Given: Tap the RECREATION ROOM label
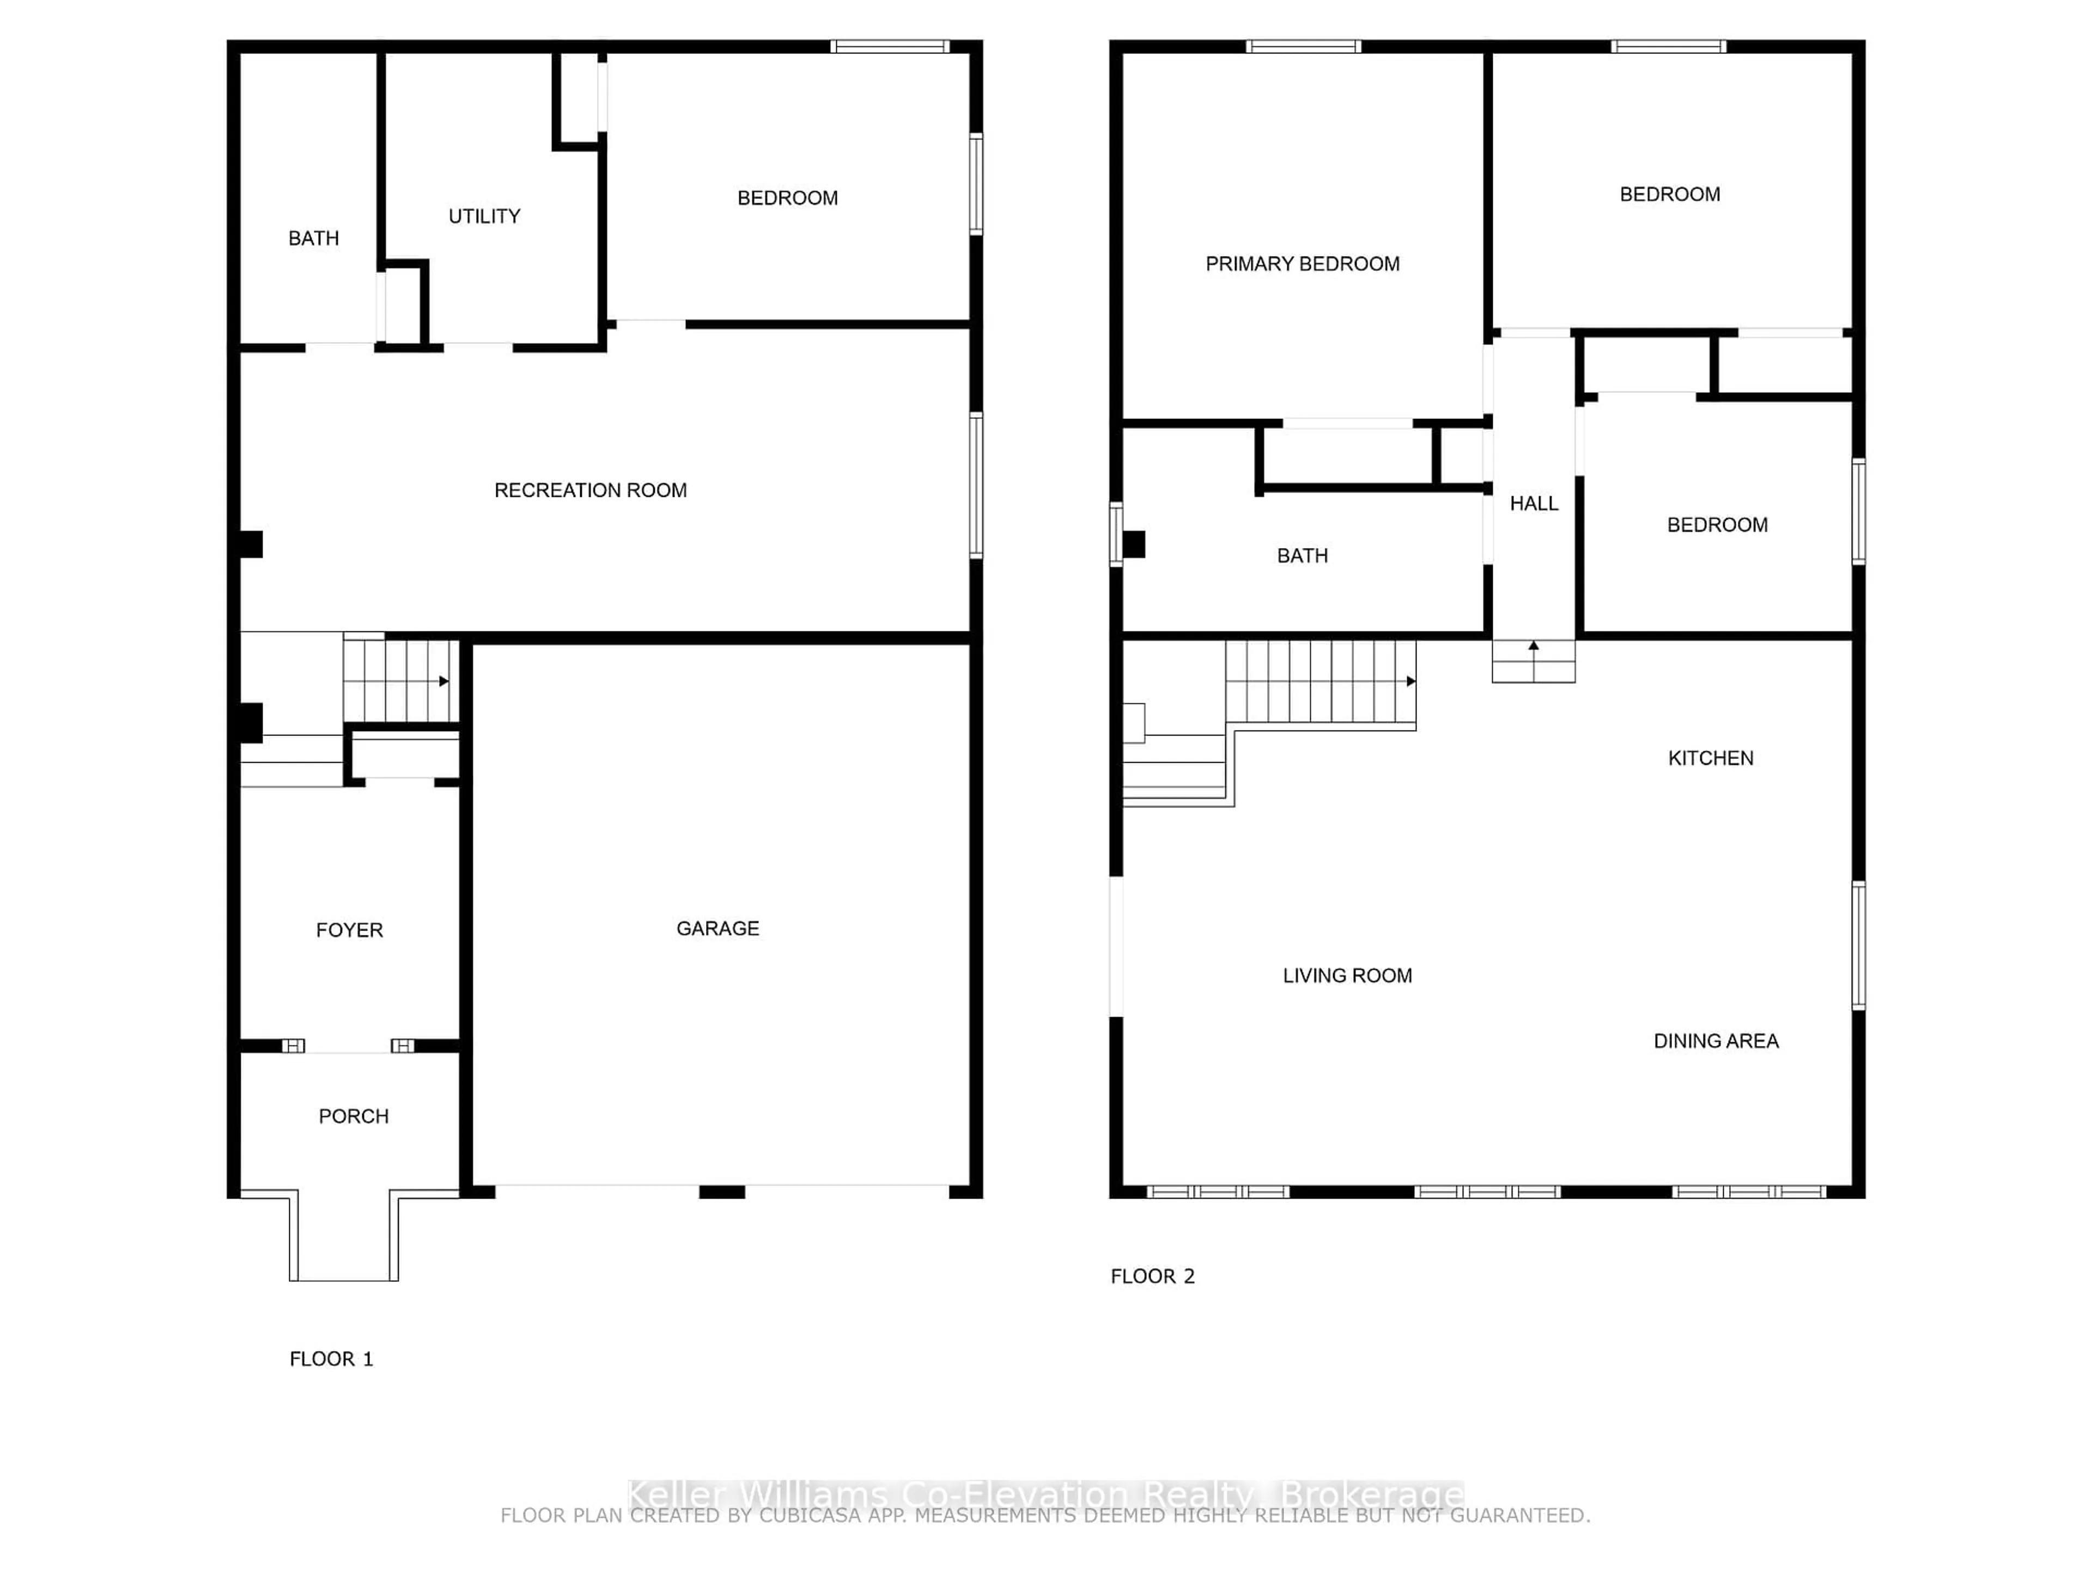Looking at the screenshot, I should (590, 490).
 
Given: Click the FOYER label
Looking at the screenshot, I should (349, 931).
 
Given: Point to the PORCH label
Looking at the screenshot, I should (353, 1116).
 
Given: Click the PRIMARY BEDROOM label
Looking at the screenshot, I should (1302, 264).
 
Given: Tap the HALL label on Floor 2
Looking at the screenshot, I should (1533, 504).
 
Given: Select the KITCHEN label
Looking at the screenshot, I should (1710, 758).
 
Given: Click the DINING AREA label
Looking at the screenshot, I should (1716, 1041).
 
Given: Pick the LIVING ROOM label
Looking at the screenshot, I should (1347, 976).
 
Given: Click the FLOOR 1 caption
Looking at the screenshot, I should (331, 1359).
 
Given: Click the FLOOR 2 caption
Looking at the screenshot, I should (1152, 1277).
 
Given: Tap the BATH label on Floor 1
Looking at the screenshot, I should (313, 238).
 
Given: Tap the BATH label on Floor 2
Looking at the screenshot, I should (1302, 556).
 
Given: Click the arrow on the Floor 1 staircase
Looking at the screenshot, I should (443, 681).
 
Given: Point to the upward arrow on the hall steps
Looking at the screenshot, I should (1533, 647).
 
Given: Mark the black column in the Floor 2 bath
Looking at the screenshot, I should (1133, 545).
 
